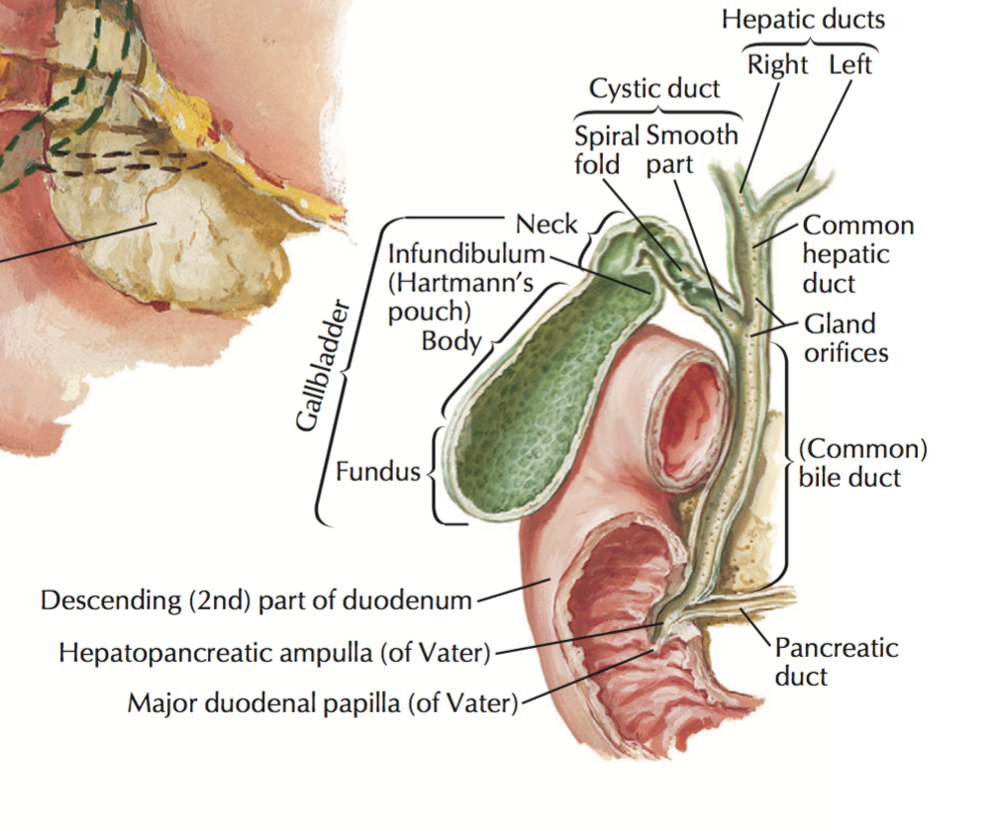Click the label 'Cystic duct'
coord(654,89)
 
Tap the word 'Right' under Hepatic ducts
coord(777,65)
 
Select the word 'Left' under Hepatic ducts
coord(851,65)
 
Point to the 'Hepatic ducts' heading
coord(803,19)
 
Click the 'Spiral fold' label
coord(606,149)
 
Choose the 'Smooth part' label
coord(692,149)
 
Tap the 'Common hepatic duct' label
coord(857,254)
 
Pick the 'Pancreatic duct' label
coord(836,662)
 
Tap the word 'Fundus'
coord(377,472)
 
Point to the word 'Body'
coord(451,341)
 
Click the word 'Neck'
coord(546,224)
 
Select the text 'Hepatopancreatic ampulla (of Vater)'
coord(274,653)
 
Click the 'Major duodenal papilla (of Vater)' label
coord(323,704)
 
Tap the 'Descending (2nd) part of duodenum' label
coord(256,600)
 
